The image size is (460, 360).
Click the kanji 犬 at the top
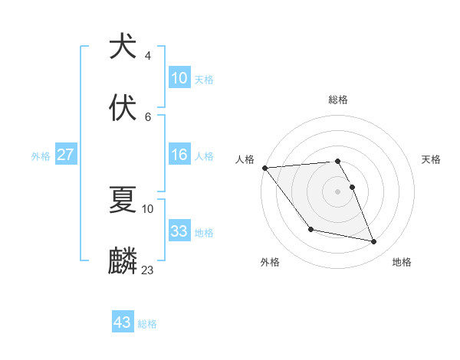click(x=123, y=47)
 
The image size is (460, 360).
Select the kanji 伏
click(x=123, y=106)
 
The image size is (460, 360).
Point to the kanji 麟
click(x=123, y=260)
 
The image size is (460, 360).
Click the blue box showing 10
click(x=179, y=78)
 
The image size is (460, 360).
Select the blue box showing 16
click(x=179, y=155)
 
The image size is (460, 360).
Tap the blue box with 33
click(x=179, y=231)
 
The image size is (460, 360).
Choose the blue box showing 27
click(x=66, y=155)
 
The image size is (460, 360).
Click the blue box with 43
click(x=123, y=322)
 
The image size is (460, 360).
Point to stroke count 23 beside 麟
click(x=148, y=270)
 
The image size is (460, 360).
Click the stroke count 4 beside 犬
click(x=148, y=56)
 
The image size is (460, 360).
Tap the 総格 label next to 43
click(x=147, y=324)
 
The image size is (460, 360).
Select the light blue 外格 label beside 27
click(x=41, y=155)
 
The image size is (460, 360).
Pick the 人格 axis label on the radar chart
click(x=245, y=159)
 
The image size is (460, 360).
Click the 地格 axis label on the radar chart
click(x=402, y=262)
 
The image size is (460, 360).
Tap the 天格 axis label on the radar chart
click(x=431, y=159)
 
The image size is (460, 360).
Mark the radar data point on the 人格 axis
click(x=264, y=168)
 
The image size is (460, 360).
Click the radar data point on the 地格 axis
click(x=374, y=242)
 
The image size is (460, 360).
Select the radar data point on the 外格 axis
click(x=310, y=229)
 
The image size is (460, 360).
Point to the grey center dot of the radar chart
click(x=337, y=191)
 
